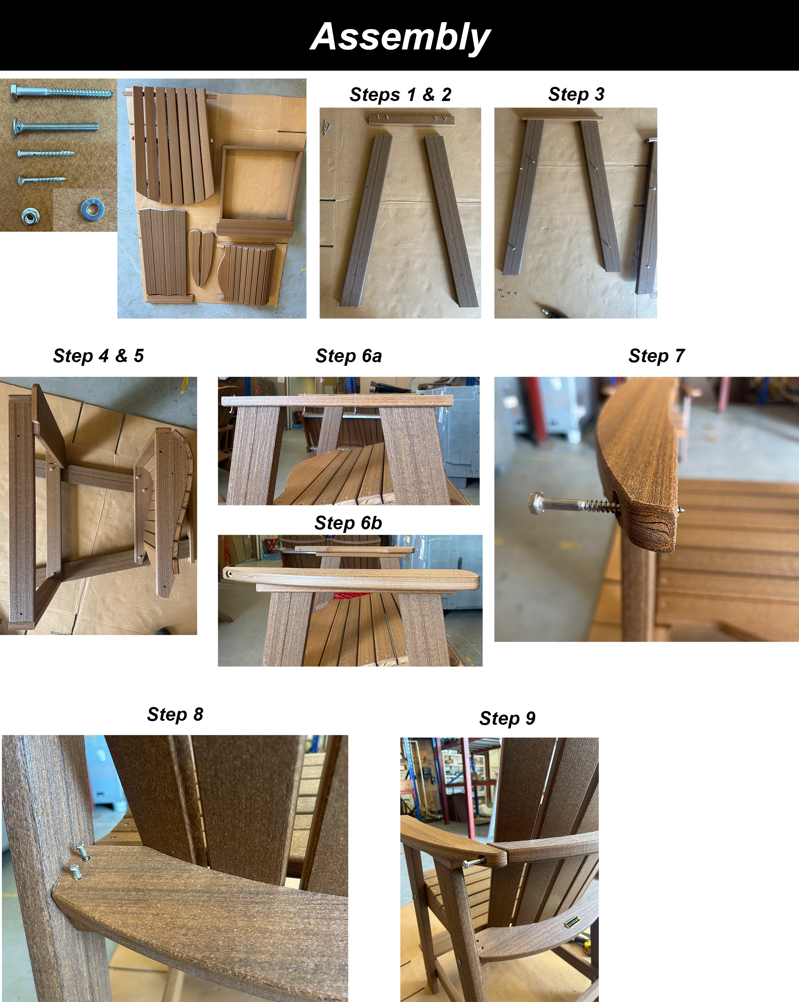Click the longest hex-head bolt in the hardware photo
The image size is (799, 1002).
(x=62, y=91)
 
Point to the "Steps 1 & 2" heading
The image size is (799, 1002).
(x=401, y=94)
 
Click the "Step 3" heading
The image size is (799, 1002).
(x=576, y=94)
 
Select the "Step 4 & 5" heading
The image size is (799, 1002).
(x=98, y=356)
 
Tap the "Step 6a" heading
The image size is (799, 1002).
(x=348, y=356)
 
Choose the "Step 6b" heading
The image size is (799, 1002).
(x=348, y=523)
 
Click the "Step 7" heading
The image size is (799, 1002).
(x=656, y=356)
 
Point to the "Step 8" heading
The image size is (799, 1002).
(x=175, y=714)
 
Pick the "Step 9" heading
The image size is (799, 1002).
(x=507, y=718)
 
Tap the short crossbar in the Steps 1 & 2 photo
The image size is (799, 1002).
(x=411, y=120)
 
